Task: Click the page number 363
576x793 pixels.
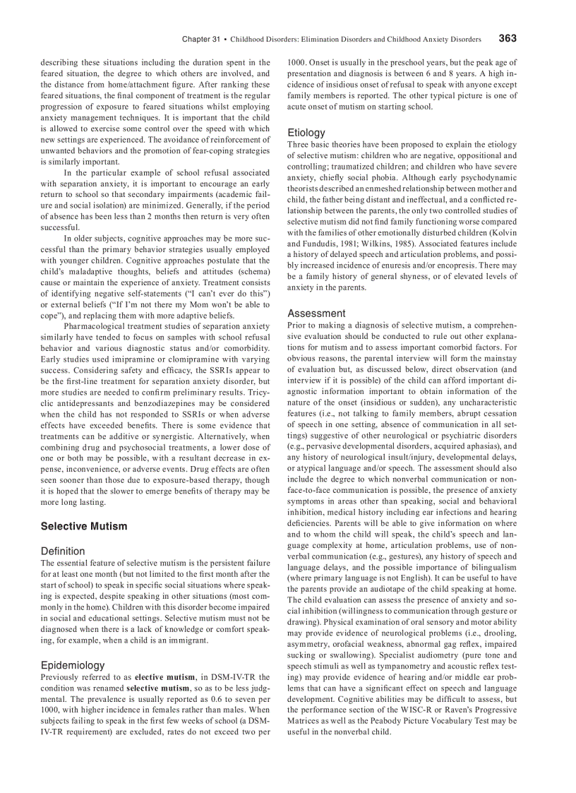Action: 507,38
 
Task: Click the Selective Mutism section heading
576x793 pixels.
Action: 84,526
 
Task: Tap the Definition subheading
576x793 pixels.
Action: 63,551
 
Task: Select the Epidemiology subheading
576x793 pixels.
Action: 73,665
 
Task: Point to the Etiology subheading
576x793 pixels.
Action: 306,132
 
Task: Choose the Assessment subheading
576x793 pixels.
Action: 316,313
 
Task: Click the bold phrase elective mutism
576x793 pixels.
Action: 163,677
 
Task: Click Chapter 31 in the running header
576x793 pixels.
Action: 200,40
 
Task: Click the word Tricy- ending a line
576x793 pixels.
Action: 258,392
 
